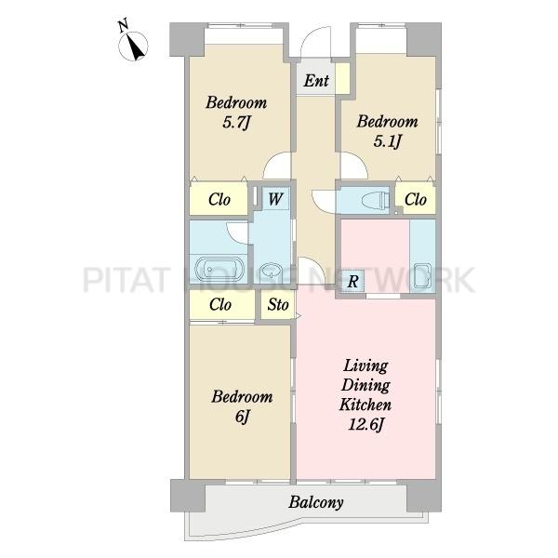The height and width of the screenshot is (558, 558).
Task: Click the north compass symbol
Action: point(133,46)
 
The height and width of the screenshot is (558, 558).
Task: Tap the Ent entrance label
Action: point(316,80)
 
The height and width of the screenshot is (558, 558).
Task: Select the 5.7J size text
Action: point(236,123)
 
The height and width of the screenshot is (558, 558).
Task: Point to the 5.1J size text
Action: point(387,141)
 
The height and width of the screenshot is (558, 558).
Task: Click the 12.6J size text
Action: point(365,424)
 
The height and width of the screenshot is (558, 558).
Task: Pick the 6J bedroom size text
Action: point(243,417)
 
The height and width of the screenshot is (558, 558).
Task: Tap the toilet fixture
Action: point(376,200)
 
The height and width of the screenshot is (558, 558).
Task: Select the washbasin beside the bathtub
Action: point(272,272)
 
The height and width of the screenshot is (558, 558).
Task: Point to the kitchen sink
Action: point(422,276)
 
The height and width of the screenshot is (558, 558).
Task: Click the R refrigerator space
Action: point(352,281)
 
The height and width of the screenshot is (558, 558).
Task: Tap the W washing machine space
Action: point(275,199)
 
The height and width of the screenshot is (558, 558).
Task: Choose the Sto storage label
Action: point(278,305)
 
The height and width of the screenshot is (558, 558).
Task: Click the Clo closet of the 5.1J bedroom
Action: point(416,199)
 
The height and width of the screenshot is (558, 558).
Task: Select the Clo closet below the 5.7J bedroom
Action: point(219,199)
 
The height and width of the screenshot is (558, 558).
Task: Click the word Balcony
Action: point(316,502)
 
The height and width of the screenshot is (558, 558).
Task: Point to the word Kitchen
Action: point(365,405)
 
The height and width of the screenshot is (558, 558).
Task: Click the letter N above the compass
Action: point(124,26)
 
